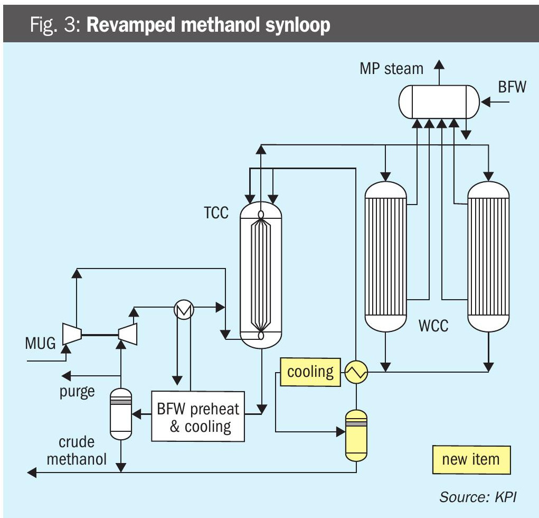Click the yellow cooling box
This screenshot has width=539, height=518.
pos(310,372)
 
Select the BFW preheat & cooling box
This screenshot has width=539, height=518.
pos(198,417)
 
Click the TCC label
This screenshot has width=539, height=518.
pos(216,213)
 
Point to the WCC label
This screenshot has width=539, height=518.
pos(433,325)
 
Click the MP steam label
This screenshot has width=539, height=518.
pos(391,69)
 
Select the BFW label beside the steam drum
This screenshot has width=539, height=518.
pos(512,87)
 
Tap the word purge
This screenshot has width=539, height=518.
pos(77,391)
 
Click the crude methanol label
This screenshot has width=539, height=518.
pos(77,450)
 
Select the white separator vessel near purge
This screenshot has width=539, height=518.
pos(121,413)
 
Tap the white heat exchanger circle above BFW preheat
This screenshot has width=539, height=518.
pos(184,310)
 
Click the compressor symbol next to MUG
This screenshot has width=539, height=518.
pos(72,334)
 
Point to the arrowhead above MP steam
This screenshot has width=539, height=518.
pos(439,65)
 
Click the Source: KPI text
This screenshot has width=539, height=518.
pos(477,497)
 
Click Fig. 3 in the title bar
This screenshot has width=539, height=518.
pos(54,25)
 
